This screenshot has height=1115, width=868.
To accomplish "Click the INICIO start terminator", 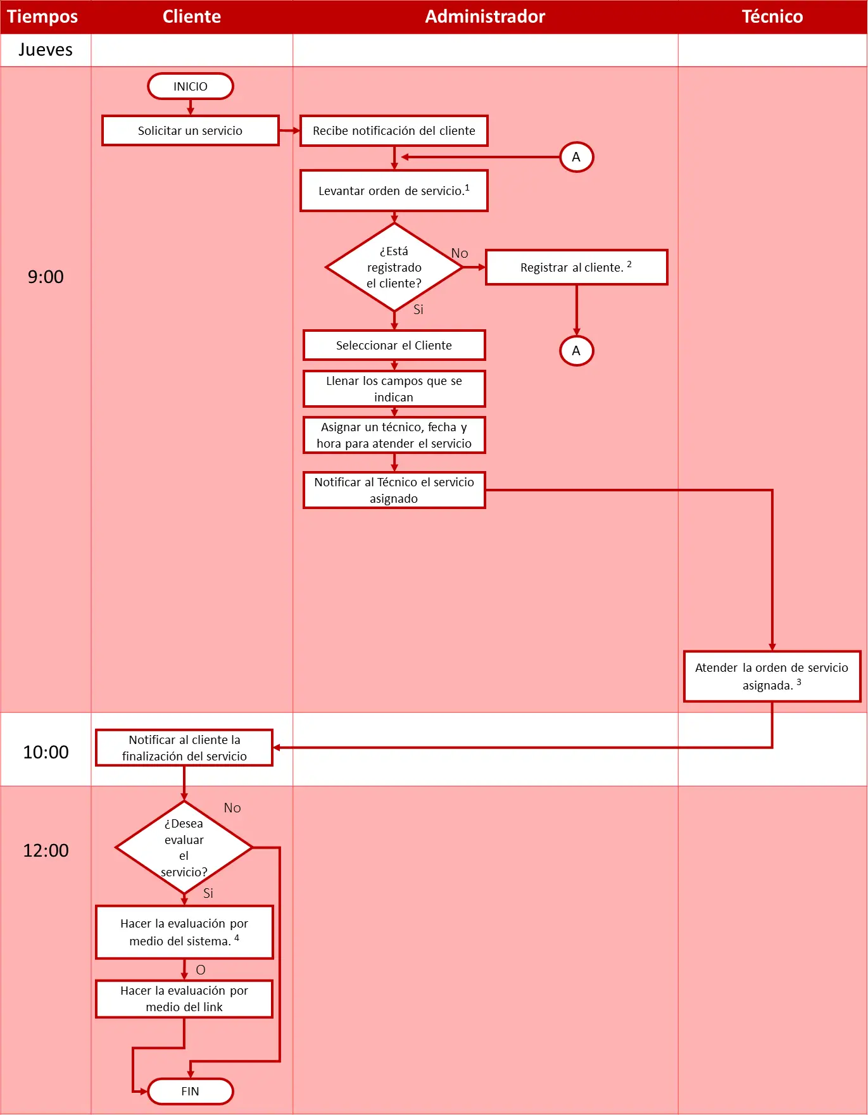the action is (191, 86).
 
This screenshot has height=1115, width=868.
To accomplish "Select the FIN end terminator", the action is (191, 1091).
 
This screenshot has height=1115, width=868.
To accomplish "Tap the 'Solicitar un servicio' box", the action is (191, 130).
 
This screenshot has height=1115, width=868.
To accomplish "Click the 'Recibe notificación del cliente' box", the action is (394, 130).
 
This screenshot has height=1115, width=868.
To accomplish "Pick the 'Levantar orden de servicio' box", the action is (394, 191).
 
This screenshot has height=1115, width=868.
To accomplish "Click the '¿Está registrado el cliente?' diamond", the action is (394, 267).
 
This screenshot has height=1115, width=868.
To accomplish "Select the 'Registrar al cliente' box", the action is (577, 267).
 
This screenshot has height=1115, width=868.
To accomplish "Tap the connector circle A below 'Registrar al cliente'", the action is (577, 351).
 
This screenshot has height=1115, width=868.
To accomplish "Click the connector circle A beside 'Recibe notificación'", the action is (577, 157).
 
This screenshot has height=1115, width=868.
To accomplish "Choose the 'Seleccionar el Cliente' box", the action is (394, 345).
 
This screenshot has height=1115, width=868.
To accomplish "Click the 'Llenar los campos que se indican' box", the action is (394, 389).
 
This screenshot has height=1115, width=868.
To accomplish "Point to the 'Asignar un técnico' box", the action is (394, 435).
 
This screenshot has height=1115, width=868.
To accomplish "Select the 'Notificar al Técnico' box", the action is (394, 490).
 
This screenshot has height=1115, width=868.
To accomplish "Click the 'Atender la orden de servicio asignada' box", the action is (772, 676).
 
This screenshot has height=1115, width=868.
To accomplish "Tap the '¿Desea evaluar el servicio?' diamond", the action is (184, 847).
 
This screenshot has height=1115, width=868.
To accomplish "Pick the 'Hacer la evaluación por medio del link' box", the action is (184, 998).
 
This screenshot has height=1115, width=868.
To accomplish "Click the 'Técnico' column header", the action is (772, 16).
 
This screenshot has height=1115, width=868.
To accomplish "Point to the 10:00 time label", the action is (46, 752).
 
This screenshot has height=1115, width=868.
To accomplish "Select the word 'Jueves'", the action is (46, 50).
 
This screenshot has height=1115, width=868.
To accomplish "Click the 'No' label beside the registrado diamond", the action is (460, 253).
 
